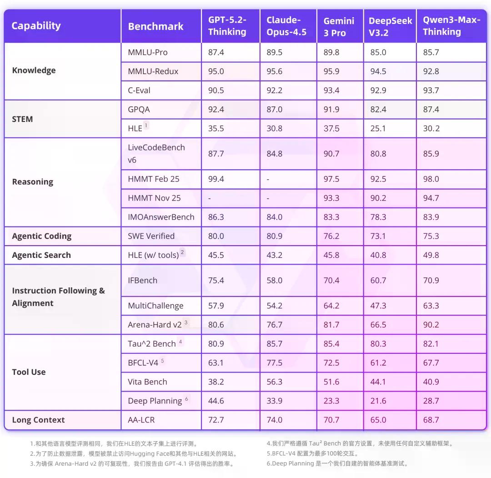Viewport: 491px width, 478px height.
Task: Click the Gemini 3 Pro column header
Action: [339, 27]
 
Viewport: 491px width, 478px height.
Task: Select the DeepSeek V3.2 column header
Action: [390, 27]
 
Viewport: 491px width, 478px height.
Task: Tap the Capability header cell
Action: [36, 25]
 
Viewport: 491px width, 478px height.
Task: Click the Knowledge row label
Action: [34, 70]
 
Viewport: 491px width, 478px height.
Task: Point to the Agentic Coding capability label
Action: [41, 236]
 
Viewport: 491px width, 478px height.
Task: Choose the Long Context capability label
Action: [38, 420]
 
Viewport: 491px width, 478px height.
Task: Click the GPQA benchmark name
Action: [139, 110]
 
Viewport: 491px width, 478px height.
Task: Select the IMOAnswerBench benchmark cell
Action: [161, 217]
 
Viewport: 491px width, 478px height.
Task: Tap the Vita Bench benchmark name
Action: [147, 382]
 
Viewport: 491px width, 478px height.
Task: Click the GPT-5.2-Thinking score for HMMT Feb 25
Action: [216, 179]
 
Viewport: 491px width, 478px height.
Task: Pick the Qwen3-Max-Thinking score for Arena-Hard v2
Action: [431, 325]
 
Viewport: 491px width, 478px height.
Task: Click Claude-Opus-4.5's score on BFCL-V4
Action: [274, 362]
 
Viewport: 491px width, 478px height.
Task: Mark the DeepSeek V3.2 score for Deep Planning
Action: [378, 401]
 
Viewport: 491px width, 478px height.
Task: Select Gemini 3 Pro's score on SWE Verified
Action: [331, 236]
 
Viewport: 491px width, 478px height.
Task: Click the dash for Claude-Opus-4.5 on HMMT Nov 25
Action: [268, 198]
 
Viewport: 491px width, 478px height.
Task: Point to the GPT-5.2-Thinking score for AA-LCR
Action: [216, 420]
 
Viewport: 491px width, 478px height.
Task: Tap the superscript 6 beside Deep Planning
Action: [186, 399]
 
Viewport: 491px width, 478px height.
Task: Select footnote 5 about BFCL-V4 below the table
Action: [313, 453]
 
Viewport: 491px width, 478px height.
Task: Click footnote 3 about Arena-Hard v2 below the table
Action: [135, 464]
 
